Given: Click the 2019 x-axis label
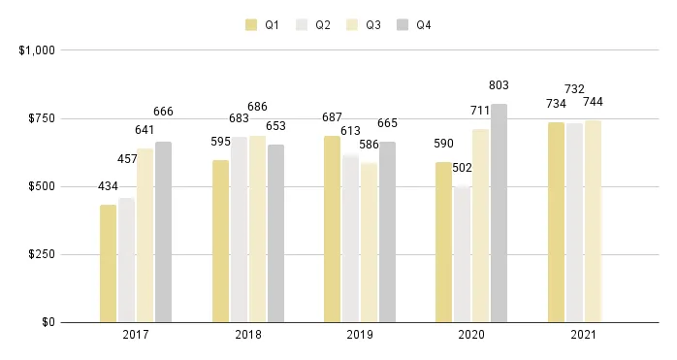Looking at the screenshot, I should tap(360, 335).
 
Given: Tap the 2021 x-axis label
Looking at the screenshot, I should tap(584, 335).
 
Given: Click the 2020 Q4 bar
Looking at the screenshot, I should tap(499, 213).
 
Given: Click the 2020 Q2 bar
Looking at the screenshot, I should tap(462, 254).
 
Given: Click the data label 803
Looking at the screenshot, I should tap(499, 85).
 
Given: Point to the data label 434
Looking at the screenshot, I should tap(108, 186).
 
